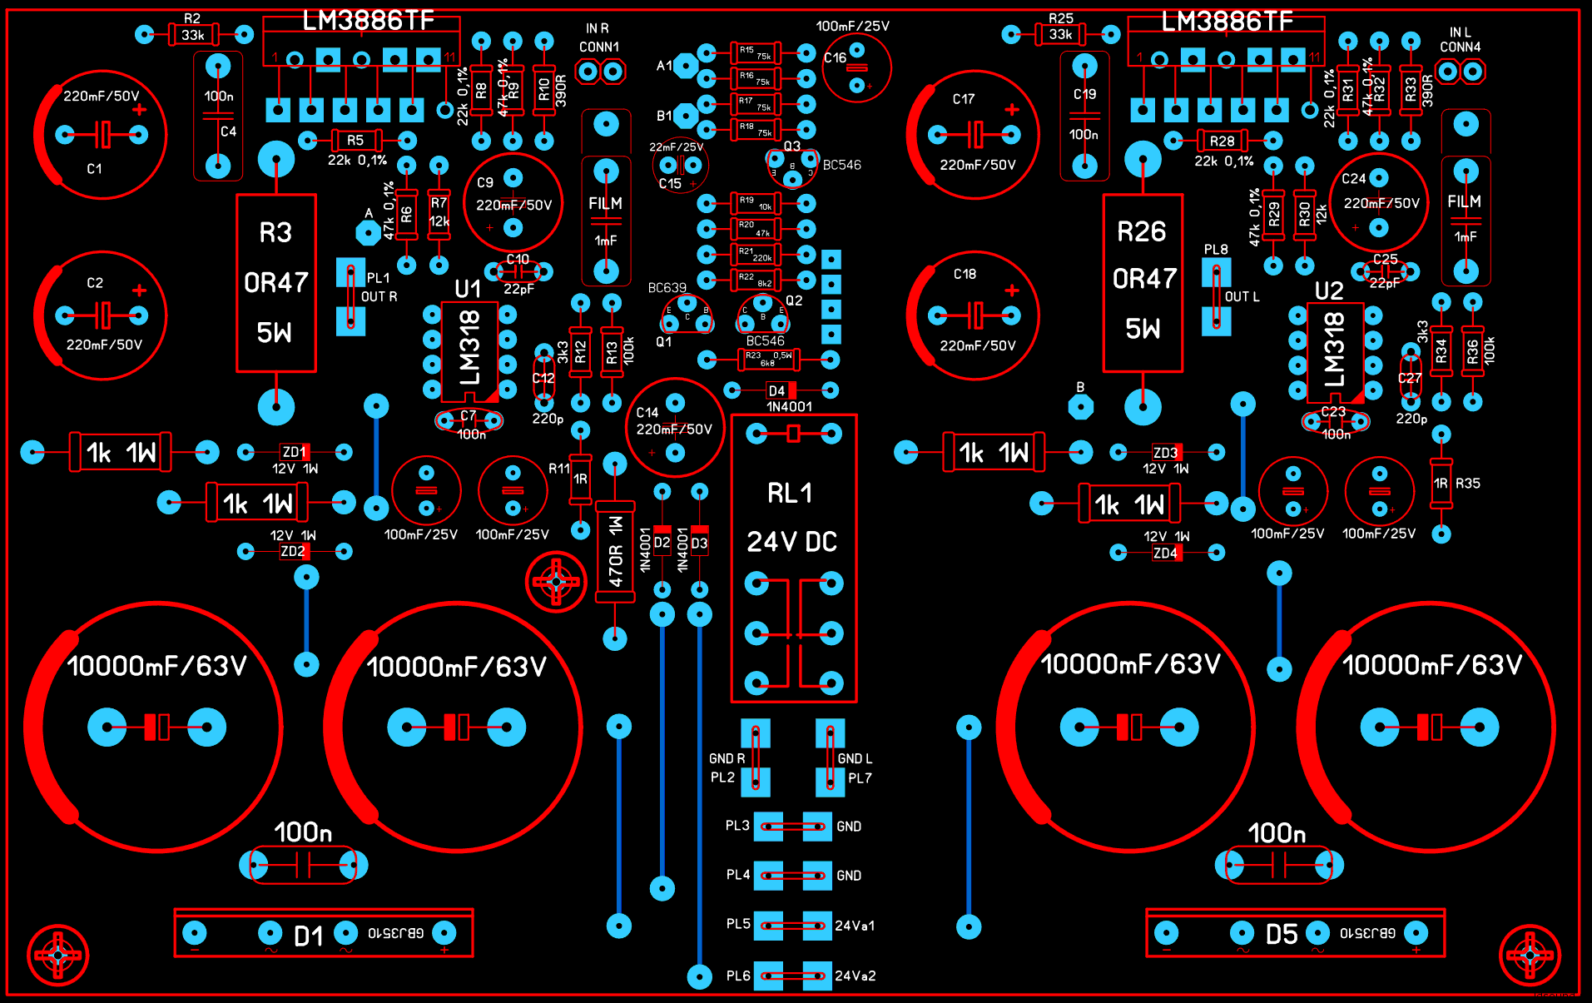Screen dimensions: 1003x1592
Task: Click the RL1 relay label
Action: pos(789,494)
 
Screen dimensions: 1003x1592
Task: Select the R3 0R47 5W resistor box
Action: pos(276,283)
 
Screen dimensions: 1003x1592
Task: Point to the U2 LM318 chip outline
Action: pos(1335,351)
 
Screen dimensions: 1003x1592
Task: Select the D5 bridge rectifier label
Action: pos(1282,934)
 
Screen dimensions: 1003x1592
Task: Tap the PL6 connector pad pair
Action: pos(792,976)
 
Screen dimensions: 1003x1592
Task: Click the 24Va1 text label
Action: pos(855,926)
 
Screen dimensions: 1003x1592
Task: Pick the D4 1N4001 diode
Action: pos(781,390)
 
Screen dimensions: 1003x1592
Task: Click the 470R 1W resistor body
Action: pos(615,552)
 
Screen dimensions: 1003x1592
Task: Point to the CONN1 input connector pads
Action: pos(600,72)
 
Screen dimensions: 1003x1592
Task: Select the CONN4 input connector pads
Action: pos(1460,72)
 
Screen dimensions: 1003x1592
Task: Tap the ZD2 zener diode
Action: pos(294,551)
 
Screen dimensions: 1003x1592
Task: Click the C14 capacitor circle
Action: pos(675,428)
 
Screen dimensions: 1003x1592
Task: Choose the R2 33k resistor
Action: pos(193,34)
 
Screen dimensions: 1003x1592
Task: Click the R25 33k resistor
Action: pos(1060,34)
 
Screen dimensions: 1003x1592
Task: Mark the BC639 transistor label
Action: pos(667,288)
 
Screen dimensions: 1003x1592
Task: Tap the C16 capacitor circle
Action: pos(856,67)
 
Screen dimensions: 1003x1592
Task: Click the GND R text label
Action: pos(727,758)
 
